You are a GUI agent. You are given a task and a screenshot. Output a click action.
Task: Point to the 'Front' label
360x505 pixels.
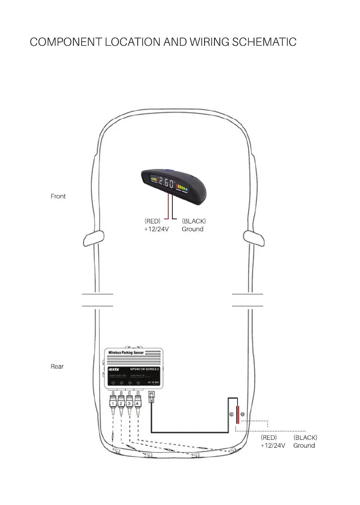tap(58, 196)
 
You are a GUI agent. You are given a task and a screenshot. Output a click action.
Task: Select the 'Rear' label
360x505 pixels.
tap(57, 366)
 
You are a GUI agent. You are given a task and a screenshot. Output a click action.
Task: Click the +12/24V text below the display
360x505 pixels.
tap(156, 229)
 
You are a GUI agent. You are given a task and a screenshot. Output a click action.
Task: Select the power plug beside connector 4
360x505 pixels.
tap(151, 398)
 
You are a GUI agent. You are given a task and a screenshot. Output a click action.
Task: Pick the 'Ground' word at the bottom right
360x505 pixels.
tap(304, 445)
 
